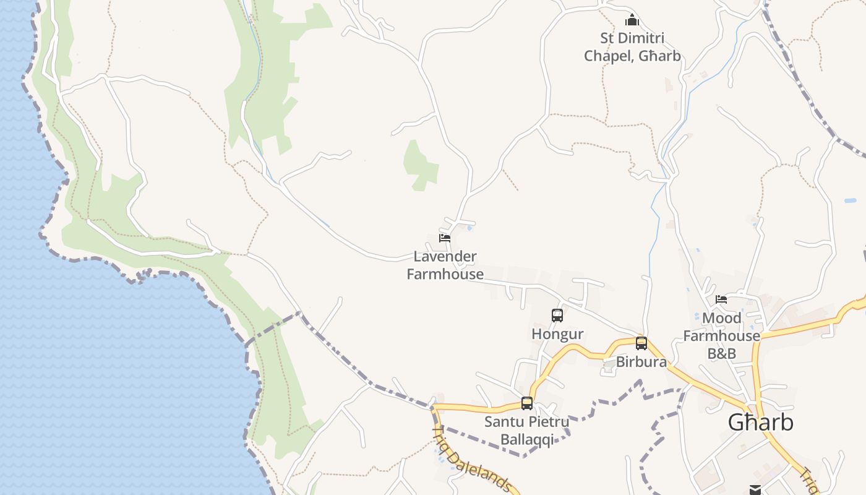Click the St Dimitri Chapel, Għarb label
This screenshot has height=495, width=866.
[632, 47]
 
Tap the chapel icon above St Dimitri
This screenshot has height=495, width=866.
[632, 20]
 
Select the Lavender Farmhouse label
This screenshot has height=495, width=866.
[445, 265]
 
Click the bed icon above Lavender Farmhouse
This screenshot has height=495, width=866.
[445, 238]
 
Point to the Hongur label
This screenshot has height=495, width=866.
[557, 334]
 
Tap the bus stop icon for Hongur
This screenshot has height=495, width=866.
[557, 316]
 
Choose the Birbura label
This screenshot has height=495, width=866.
[641, 362]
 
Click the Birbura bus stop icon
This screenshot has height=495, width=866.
[641, 343]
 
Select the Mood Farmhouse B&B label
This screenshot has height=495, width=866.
[722, 335]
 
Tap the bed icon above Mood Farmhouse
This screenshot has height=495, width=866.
[721, 299]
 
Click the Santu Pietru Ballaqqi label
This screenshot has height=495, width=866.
[526, 431]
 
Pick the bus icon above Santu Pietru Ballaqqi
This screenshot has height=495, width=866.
[527, 403]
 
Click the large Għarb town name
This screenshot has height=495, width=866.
[760, 423]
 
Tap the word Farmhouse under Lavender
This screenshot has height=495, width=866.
[445, 273]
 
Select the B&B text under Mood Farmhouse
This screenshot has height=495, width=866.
[722, 353]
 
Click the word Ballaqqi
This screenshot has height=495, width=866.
[526, 440]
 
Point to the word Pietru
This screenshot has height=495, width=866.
[547, 422]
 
